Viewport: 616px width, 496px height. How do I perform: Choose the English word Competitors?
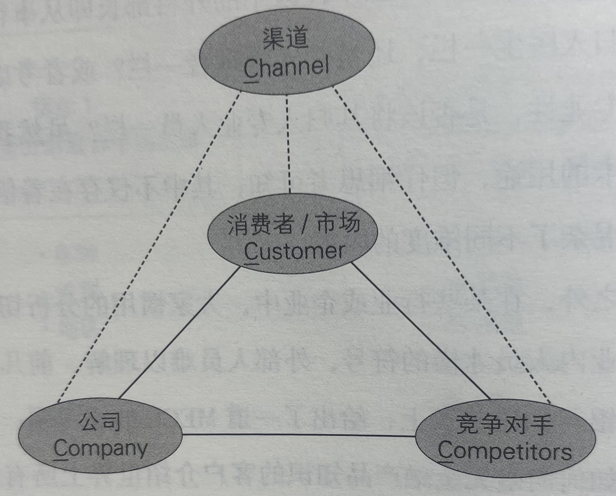pyautogui.click(x=505, y=452)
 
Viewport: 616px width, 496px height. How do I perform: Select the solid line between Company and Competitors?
pyautogui.click(x=299, y=435)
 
